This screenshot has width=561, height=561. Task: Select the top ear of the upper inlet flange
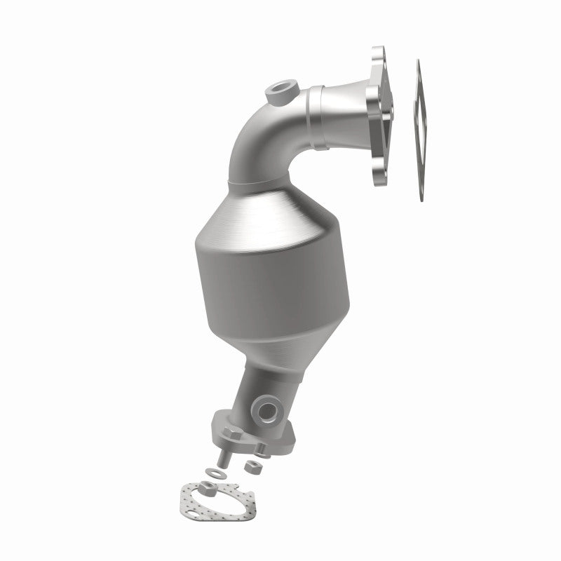click(377, 57)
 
